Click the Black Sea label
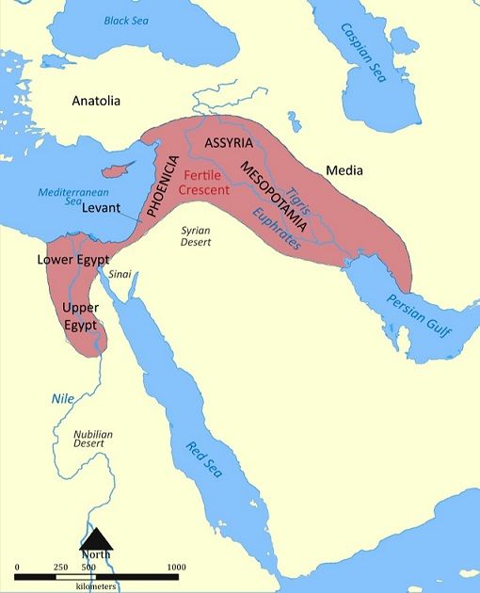128,20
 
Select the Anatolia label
96,102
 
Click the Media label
344,170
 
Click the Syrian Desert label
196,235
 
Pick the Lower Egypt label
73,259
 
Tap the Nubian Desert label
93,440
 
